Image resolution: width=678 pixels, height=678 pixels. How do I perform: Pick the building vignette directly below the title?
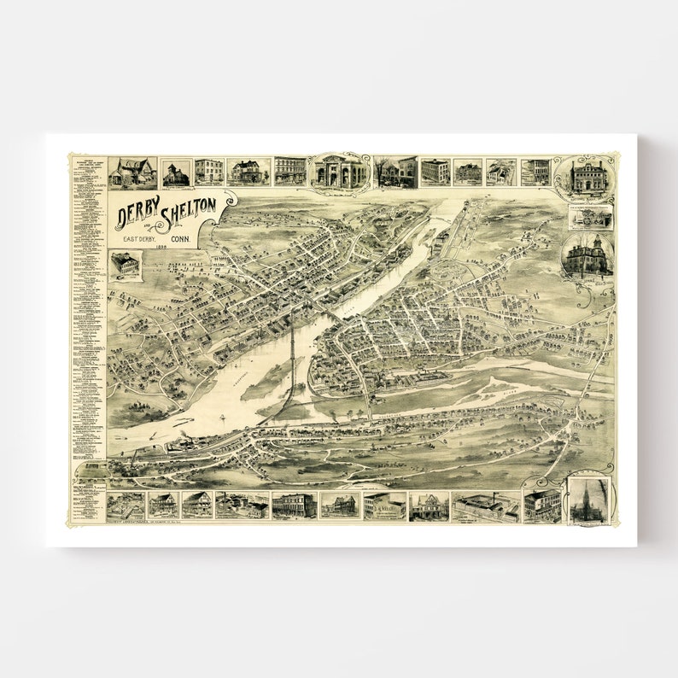point(125,265)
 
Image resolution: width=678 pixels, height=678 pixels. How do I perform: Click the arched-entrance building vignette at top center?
point(340,172)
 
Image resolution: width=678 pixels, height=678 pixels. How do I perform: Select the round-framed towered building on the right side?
point(587,255)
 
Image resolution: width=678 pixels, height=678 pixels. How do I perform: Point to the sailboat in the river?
point(221,418)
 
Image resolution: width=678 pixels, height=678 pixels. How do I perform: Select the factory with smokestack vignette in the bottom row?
point(484,506)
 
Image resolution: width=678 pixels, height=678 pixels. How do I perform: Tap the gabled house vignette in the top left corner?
point(132,172)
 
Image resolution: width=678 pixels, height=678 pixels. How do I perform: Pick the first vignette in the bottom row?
point(126,505)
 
